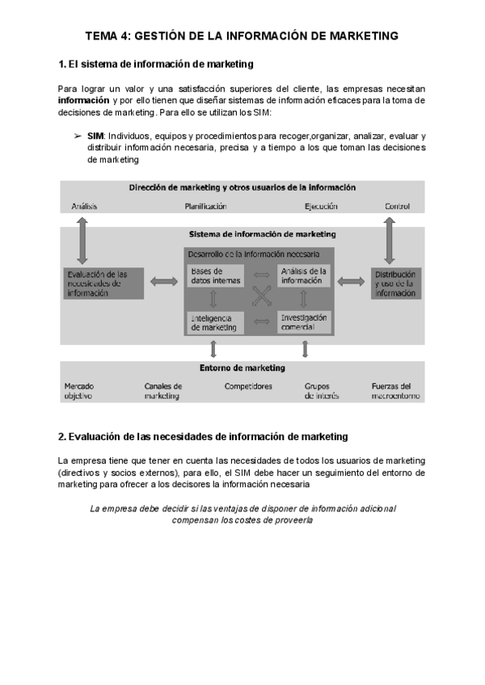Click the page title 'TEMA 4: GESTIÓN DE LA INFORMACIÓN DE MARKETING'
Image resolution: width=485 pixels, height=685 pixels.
242,36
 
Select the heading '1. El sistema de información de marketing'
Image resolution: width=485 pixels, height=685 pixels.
157,63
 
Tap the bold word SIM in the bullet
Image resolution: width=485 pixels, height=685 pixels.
95,137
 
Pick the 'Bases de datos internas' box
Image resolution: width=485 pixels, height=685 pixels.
216,276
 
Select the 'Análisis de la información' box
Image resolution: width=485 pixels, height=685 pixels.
304,276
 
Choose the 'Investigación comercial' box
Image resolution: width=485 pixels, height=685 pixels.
304,322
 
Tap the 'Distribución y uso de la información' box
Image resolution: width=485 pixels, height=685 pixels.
395,284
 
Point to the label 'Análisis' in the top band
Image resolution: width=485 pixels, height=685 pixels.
84,207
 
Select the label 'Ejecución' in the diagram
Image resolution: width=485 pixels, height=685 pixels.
321,207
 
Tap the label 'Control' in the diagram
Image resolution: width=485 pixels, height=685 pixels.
397,207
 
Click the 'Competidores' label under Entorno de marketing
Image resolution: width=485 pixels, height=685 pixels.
248,386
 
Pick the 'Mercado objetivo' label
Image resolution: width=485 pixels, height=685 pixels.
78,391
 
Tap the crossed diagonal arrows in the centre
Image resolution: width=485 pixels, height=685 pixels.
261,299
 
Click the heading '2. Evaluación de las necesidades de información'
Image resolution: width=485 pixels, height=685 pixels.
203,436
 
